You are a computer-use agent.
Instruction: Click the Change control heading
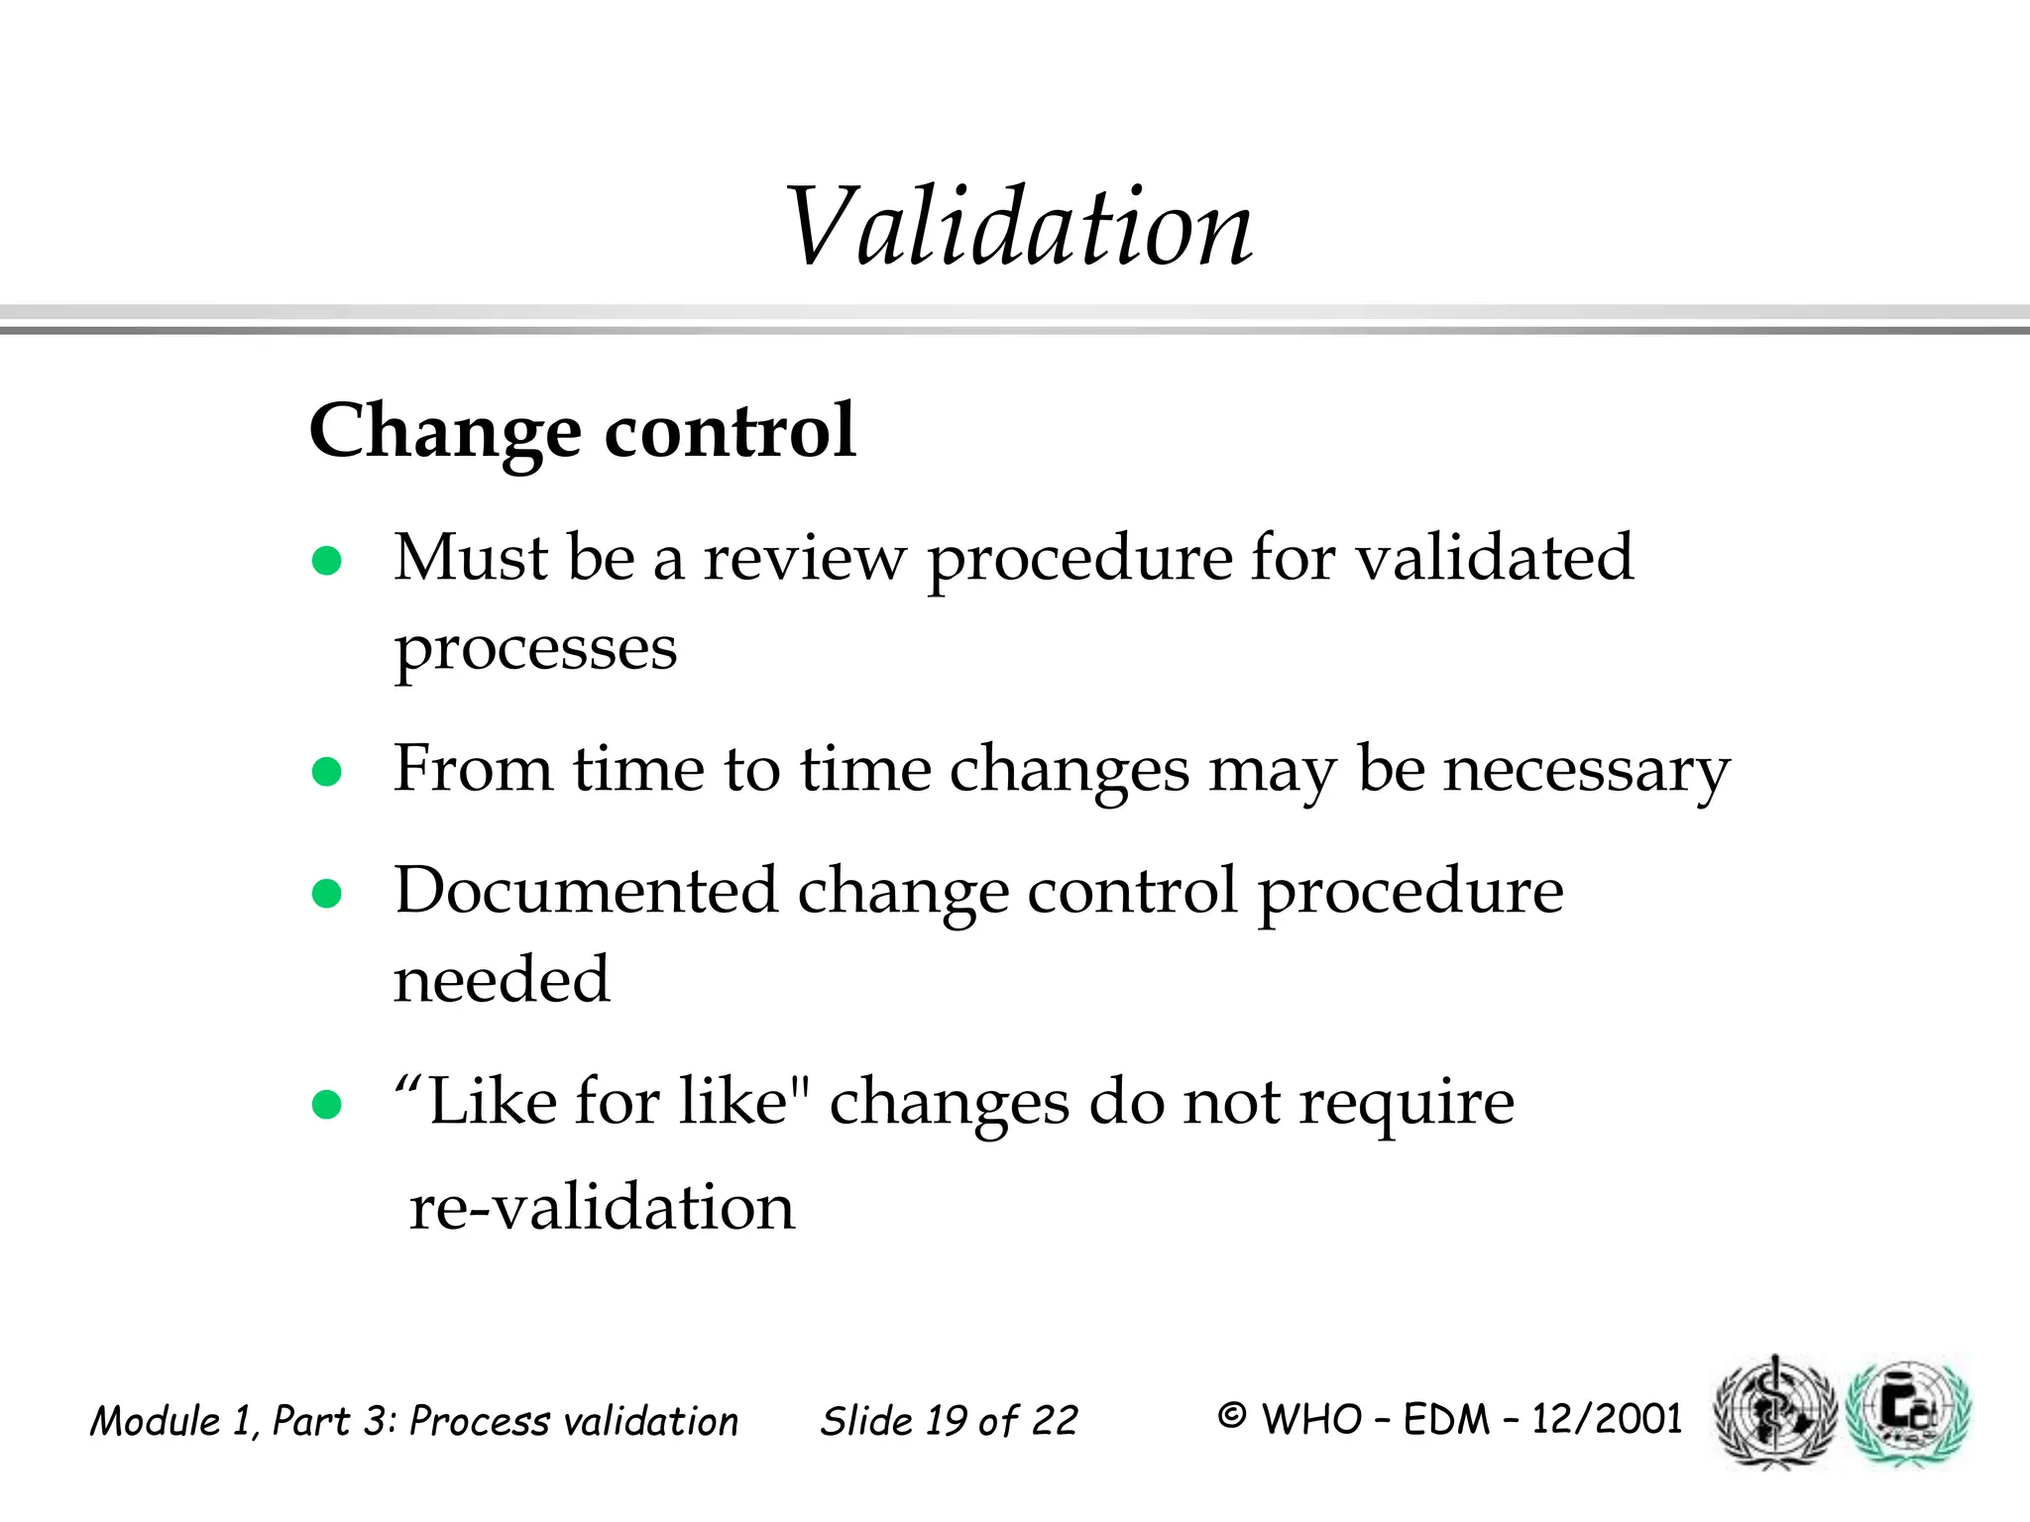pyautogui.click(x=582, y=431)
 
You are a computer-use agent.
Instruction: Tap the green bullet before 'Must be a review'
pyautogui.click(x=326, y=562)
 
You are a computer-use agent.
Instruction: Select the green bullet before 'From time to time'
pyautogui.click(x=326, y=771)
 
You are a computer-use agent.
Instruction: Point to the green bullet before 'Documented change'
pyautogui.click(x=326, y=894)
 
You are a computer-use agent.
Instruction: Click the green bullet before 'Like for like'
pyautogui.click(x=326, y=1104)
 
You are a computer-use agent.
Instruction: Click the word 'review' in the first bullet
pyautogui.click(x=804, y=558)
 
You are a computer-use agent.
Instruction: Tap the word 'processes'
pyautogui.click(x=535, y=650)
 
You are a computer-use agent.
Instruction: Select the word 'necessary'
pyautogui.click(x=1586, y=771)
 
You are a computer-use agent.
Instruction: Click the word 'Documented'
pyautogui.click(x=586, y=890)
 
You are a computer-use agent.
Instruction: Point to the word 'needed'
pyautogui.click(x=502, y=979)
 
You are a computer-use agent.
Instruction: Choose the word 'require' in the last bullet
pyautogui.click(x=1407, y=1104)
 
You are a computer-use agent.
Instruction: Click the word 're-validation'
pyautogui.click(x=602, y=1208)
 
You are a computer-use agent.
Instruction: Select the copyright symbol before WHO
pyautogui.click(x=1231, y=1417)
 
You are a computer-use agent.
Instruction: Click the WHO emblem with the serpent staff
pyautogui.click(x=1774, y=1411)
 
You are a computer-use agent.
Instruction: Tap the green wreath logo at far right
pyautogui.click(x=1912, y=1411)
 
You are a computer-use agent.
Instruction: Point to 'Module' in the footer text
pyautogui.click(x=155, y=1421)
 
